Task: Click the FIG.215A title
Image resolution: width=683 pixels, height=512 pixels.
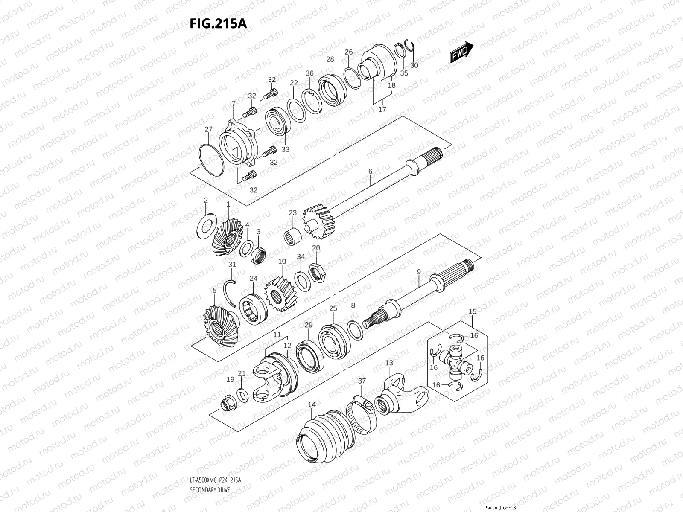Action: pyautogui.click(x=218, y=23)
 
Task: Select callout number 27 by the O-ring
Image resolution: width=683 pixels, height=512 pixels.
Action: pyautogui.click(x=208, y=130)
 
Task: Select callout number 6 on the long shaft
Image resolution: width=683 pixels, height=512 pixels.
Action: pyautogui.click(x=370, y=172)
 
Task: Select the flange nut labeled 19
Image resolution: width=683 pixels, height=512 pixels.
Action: pyautogui.click(x=229, y=402)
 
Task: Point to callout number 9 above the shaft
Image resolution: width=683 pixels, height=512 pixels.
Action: pyautogui.click(x=419, y=272)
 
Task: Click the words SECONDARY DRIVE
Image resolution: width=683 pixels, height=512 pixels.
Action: pyautogui.click(x=209, y=490)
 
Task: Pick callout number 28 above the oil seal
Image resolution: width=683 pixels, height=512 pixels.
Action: pyautogui.click(x=330, y=60)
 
